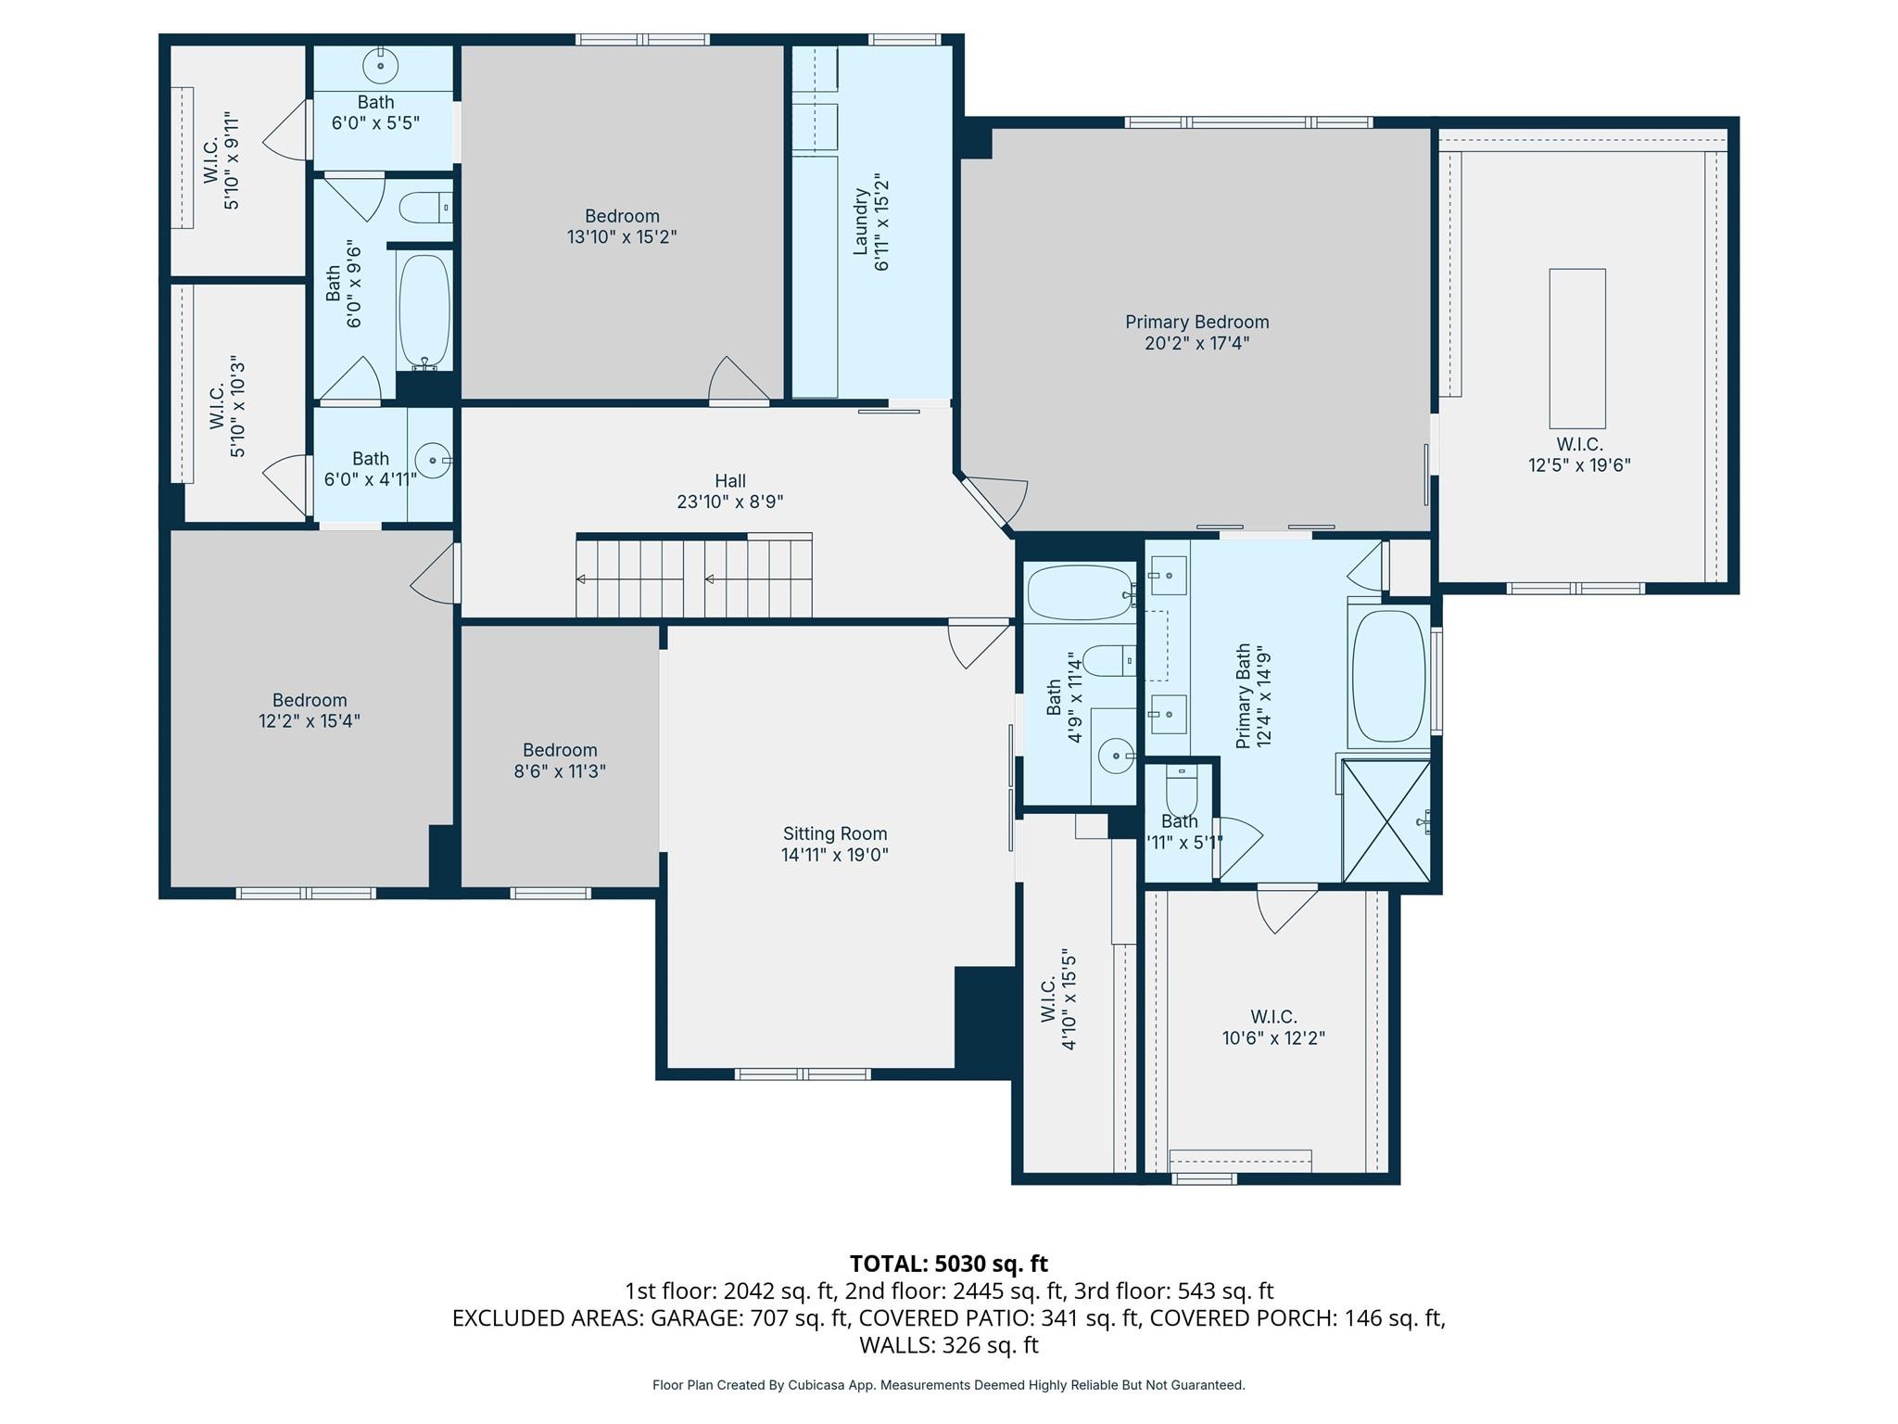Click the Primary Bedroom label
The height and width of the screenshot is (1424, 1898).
point(1196,322)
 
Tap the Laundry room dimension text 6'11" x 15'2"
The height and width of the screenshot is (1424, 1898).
point(881,222)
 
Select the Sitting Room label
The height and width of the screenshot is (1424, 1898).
point(834,833)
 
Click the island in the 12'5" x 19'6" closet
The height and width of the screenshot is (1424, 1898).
point(1576,348)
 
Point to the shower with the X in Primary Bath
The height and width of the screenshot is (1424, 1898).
point(1386,821)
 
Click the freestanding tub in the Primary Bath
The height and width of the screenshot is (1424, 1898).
point(1388,676)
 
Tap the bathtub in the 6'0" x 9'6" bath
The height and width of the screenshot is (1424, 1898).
point(424,311)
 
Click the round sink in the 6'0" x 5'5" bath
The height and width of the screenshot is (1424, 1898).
point(380,66)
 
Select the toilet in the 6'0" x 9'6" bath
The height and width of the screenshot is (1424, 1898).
point(425,208)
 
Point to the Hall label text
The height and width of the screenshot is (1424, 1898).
point(729,480)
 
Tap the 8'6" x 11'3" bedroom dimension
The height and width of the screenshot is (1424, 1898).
point(560,771)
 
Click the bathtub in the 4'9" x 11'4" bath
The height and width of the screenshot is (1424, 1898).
point(1078,593)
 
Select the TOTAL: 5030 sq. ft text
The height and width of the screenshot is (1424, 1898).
point(948,1264)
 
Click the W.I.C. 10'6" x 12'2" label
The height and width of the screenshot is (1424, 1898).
point(1273,1027)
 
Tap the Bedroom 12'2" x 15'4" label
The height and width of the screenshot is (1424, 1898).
point(309,710)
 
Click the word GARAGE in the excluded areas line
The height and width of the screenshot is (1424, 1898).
point(691,1318)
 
